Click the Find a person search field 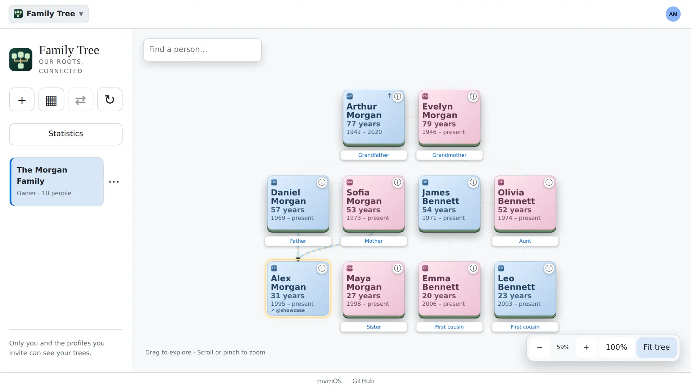[202, 50]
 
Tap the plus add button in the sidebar [22, 99]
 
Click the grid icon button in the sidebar [51, 99]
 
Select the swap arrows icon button [81, 99]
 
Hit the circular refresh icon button [110, 99]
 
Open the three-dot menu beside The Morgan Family [114, 182]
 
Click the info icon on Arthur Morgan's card [397, 97]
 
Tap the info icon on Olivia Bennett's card [549, 183]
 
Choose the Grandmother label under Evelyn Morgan [449, 155]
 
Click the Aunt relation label [525, 241]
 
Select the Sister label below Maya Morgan [374, 327]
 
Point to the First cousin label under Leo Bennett [525, 327]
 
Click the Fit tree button [656, 347]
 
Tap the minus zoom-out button [539, 347]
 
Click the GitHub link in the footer [363, 381]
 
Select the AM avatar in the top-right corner [673, 14]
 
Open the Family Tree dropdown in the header [49, 14]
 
